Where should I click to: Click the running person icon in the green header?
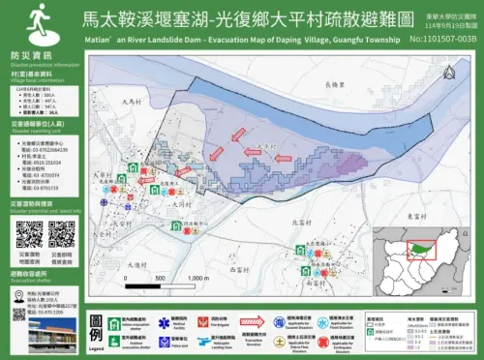(39, 17)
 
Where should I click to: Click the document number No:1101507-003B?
(443, 39)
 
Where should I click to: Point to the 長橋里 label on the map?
(335, 85)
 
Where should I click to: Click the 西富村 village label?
(318, 285)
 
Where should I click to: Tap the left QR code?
(29, 234)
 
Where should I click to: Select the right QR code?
(62, 234)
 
